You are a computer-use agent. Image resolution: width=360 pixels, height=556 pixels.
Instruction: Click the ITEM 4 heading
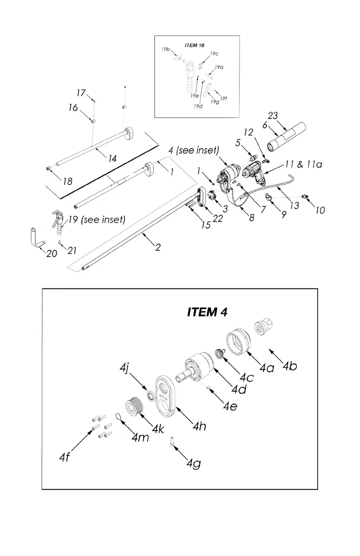coord(207,313)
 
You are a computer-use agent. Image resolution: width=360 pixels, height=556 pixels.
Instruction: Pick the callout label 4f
coord(65,457)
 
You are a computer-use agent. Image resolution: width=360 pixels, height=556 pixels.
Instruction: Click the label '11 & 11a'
coord(304,164)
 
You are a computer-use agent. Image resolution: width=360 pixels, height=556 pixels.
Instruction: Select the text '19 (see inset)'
coord(96,220)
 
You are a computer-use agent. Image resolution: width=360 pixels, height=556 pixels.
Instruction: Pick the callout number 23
coord(273,116)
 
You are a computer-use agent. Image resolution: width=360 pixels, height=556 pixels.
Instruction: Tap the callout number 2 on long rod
coord(158,248)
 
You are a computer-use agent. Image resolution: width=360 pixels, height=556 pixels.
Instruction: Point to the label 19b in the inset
coord(165,49)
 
